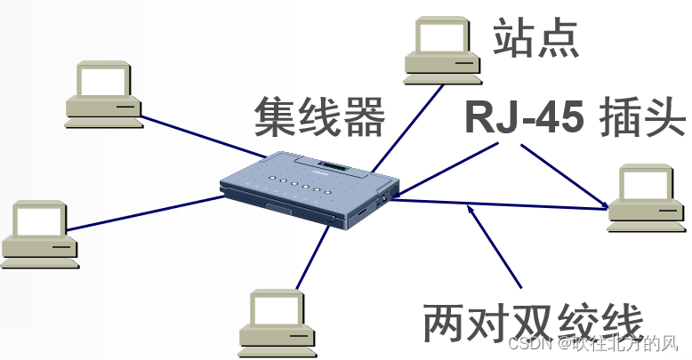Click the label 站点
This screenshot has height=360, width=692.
[x=535, y=38]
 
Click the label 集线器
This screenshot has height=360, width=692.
[x=319, y=116]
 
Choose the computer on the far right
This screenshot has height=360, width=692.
[x=647, y=198]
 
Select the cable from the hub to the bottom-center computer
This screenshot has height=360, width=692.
[x=312, y=258]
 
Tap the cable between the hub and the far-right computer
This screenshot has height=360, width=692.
[x=498, y=205]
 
